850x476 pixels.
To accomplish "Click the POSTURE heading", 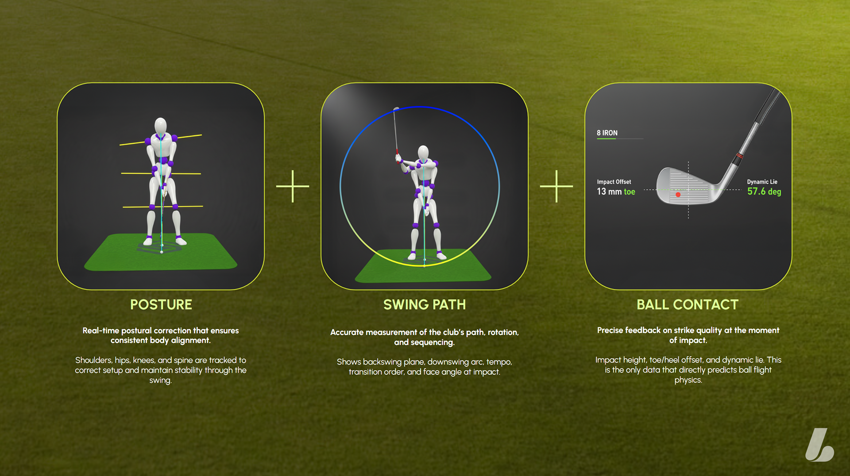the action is pos(161,304).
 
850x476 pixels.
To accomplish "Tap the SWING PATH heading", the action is pos(424,304).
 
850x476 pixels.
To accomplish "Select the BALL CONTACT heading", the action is pos(688,304).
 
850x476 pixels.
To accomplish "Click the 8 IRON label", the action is pos(607,133).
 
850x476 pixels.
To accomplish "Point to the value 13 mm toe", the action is pos(616,192).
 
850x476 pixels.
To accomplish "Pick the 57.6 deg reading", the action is pos(764,192).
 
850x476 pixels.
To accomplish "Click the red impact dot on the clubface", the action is pos(678,195).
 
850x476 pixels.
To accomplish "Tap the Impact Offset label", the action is pos(614,182).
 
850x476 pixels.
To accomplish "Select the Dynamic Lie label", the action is pos(762,182).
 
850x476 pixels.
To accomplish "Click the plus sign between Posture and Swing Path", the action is pos(293,186).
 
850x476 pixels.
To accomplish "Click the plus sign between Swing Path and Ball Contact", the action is pos(556,186).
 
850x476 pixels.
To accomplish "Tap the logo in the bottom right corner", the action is pos(819,445).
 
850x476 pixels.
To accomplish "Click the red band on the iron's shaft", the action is pos(739,157).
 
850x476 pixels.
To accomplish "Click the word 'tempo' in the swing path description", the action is pos(499,362).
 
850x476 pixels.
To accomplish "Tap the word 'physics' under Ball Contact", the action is pos(687,380).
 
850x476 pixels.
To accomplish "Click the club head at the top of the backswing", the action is pos(396,108).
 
